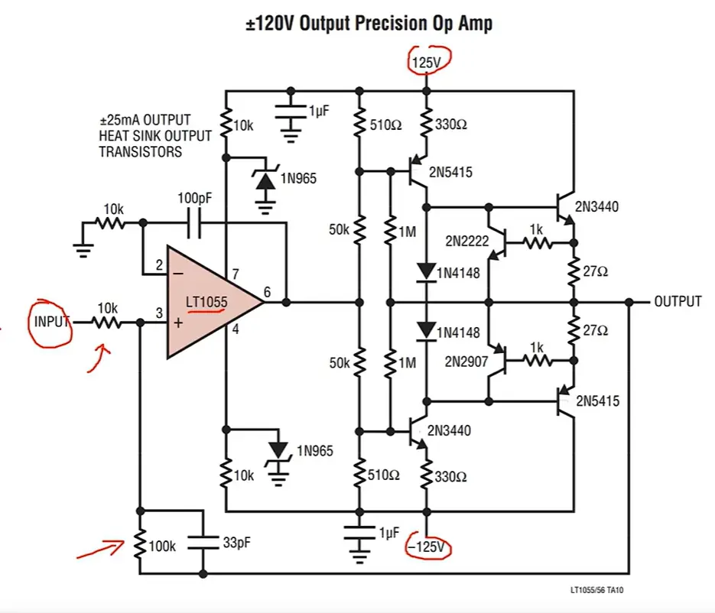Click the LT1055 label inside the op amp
point(206,303)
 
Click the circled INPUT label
point(51,322)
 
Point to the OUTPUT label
point(677,301)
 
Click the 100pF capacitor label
point(194,198)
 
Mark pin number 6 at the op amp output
point(267,290)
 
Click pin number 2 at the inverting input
point(159,266)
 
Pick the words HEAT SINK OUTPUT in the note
point(154,136)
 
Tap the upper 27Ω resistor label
point(594,271)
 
